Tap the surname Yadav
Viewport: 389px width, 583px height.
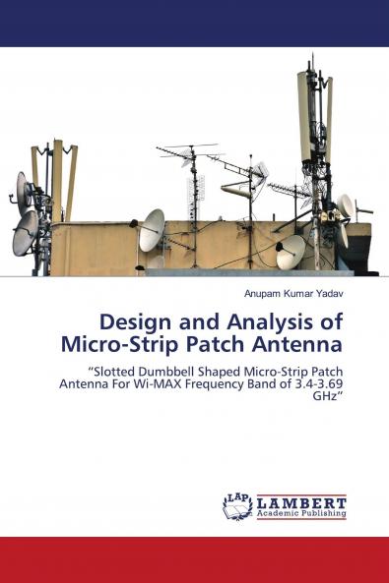[x=328, y=294]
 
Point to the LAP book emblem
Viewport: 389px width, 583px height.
[x=237, y=506]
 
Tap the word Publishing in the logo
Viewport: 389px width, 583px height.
[x=323, y=513]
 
